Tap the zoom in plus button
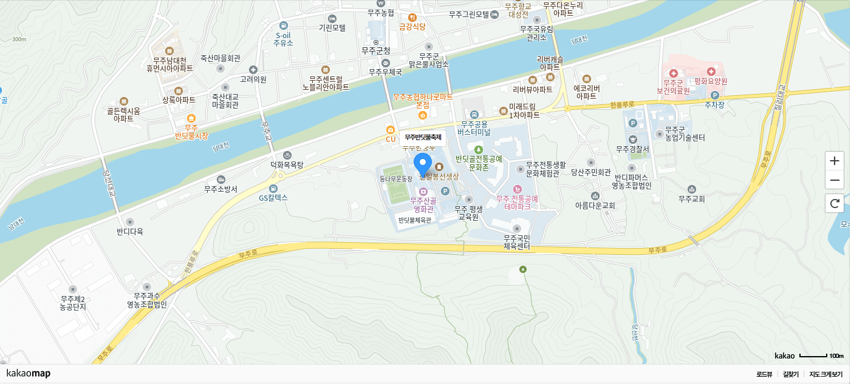pyautogui.click(x=835, y=161)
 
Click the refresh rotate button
pyautogui.click(x=835, y=203)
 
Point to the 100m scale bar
pyautogui.click(x=813, y=355)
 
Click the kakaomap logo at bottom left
pyautogui.click(x=29, y=373)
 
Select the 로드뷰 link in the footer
pyautogui.click(x=764, y=374)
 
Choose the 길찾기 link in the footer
pyautogui.click(x=791, y=374)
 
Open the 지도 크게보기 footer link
pyautogui.click(x=826, y=374)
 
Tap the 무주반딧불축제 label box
pyautogui.click(x=423, y=138)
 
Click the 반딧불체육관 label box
pyautogui.click(x=414, y=220)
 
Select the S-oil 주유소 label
pyautogui.click(x=283, y=39)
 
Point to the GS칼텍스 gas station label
pyautogui.click(x=273, y=197)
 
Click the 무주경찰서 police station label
pyautogui.click(x=632, y=149)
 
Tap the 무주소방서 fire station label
pyautogui.click(x=220, y=189)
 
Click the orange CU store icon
pyautogui.click(x=390, y=130)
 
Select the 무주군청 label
pyautogui.click(x=375, y=50)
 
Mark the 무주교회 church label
pyautogui.click(x=691, y=198)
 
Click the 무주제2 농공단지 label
pyautogui.click(x=73, y=303)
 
